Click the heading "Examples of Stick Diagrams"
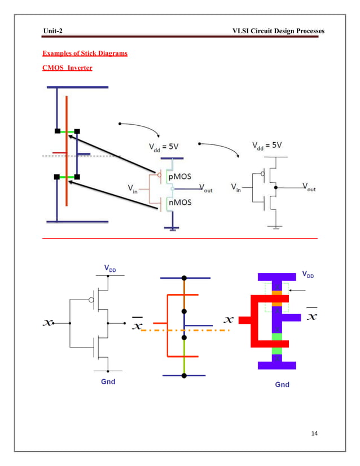[85, 54]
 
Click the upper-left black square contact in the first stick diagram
[57, 131]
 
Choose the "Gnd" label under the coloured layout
[282, 384]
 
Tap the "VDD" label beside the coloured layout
[308, 275]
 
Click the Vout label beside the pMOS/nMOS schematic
[208, 189]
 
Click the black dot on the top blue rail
[184, 278]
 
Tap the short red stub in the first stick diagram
[59, 152]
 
